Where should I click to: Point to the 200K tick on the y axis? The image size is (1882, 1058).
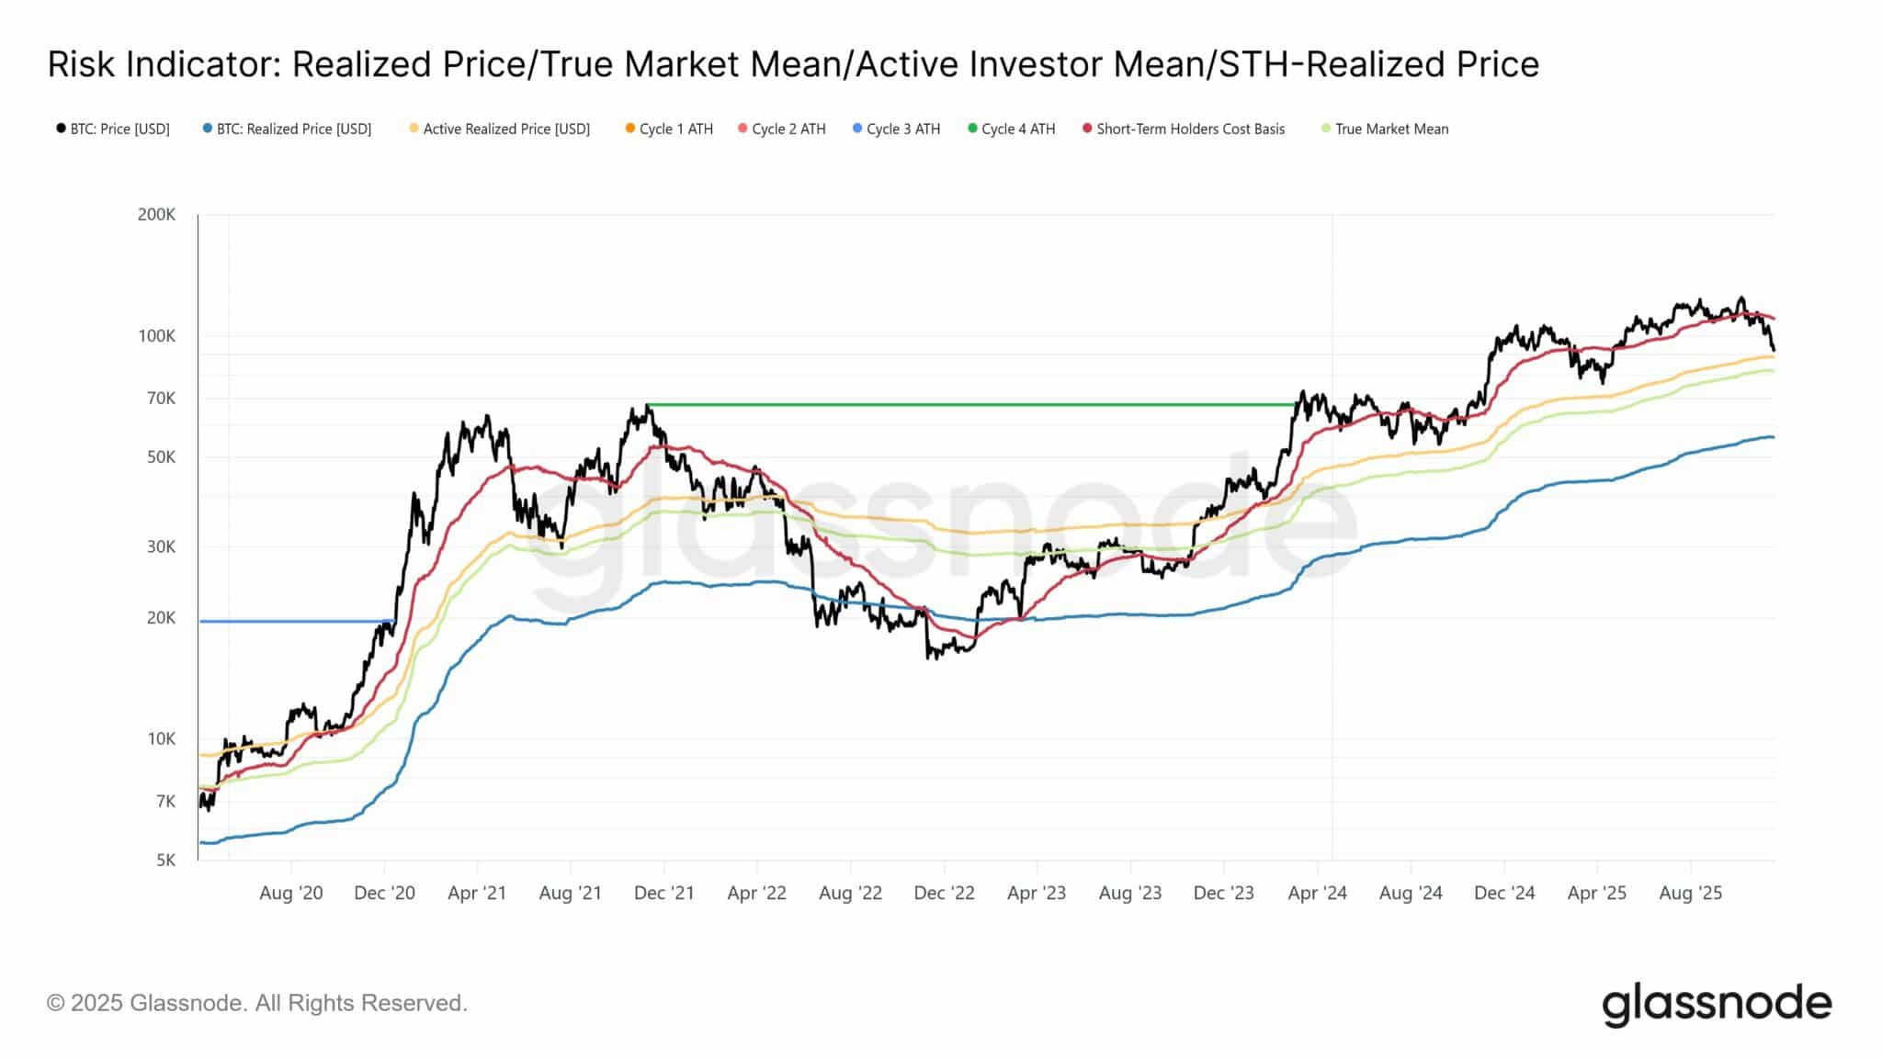[x=156, y=215]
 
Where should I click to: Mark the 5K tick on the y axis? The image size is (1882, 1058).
[x=165, y=861]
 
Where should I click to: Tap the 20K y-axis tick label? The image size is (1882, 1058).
[x=161, y=618]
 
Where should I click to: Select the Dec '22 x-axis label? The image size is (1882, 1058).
[x=944, y=894]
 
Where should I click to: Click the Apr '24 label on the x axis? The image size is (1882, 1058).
[x=1317, y=894]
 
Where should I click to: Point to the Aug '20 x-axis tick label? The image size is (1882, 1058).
[x=290, y=894]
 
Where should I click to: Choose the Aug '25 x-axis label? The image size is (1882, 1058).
[x=1690, y=894]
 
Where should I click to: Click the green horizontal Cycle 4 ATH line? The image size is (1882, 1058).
[x=965, y=405]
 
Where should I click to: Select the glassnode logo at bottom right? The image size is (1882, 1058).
[x=1716, y=1005]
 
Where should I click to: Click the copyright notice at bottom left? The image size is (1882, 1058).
[x=257, y=1003]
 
